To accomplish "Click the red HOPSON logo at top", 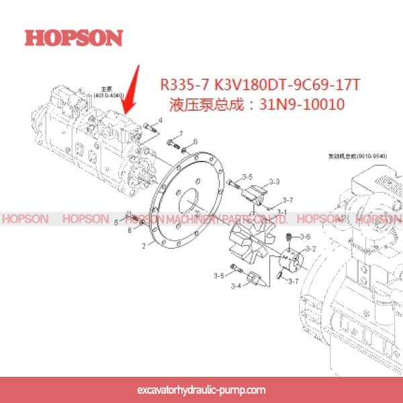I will point(74,37).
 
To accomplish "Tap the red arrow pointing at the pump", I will point(132,87).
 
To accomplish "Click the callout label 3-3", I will point(274,181).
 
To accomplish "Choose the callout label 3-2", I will point(310,249).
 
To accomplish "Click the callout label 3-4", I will point(236,287).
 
